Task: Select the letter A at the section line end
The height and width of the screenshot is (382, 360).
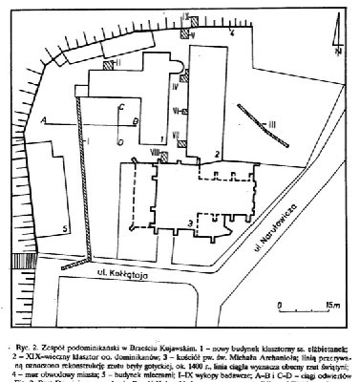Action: pyautogui.click(x=42, y=120)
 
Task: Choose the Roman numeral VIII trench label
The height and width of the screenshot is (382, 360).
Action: pyautogui.click(x=154, y=148)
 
